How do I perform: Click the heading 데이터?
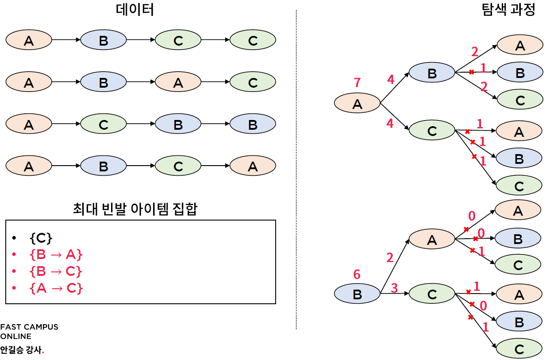click(135, 10)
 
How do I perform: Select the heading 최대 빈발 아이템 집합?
click(135, 209)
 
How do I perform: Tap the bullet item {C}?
click(41, 238)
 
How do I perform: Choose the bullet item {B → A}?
click(56, 255)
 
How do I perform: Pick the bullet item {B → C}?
click(56, 271)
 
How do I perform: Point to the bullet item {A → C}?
click(56, 288)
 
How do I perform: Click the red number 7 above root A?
click(357, 83)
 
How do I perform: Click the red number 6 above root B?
click(357, 275)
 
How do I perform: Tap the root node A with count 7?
click(357, 104)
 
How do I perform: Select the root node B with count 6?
click(357, 294)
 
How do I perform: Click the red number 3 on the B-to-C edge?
click(394, 289)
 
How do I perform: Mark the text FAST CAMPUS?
click(29, 327)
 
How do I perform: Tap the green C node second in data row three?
click(103, 124)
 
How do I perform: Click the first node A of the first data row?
click(29, 41)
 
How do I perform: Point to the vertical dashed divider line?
click(296, 168)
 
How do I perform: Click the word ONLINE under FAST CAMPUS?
click(15, 337)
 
